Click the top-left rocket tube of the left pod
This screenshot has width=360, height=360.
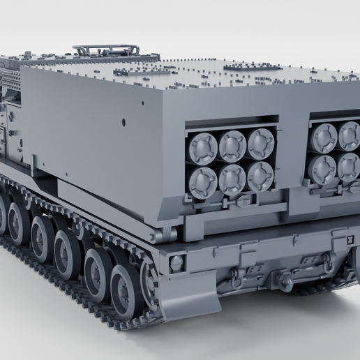(x=203, y=147)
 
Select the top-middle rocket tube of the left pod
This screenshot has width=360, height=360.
(x=232, y=145)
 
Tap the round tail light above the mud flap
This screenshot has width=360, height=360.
(x=177, y=264)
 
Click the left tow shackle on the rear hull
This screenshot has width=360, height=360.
(x=237, y=278)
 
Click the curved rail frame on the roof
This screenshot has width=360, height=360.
(x=105, y=50)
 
